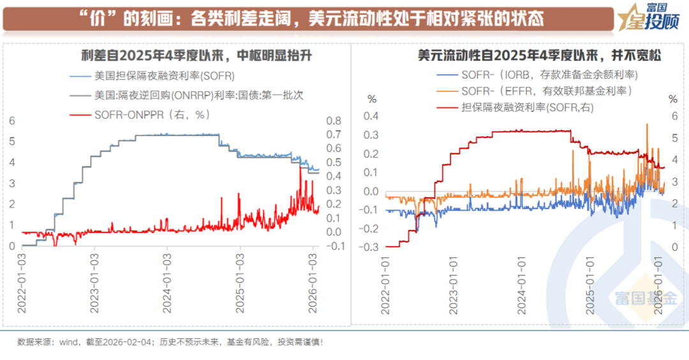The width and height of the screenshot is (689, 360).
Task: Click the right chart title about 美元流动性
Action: (538, 56)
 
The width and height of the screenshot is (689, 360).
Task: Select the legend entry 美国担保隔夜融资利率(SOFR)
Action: (165, 76)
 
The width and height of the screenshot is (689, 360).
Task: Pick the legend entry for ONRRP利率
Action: (198, 95)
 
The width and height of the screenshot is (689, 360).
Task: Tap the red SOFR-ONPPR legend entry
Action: (152, 115)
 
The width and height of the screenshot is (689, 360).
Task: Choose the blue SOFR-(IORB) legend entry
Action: (549, 75)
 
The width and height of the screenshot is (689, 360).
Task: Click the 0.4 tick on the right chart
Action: (371, 116)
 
